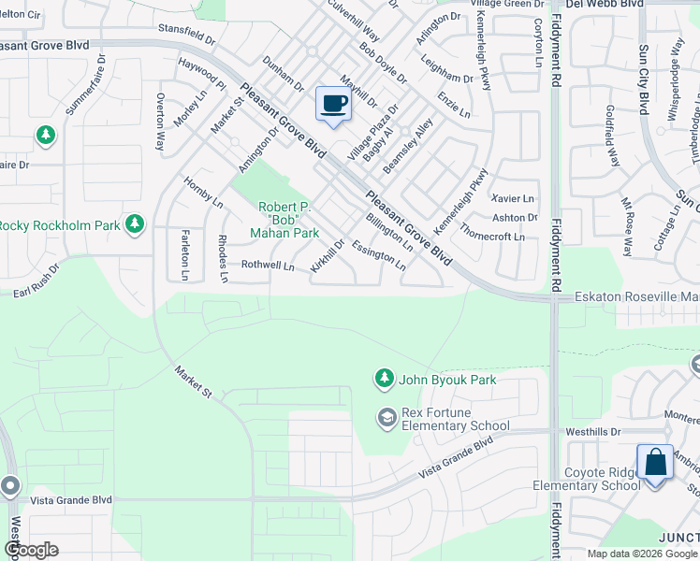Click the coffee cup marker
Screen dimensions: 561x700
(x=333, y=104)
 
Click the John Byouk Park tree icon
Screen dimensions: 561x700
(x=384, y=378)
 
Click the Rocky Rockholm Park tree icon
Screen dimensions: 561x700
(x=136, y=223)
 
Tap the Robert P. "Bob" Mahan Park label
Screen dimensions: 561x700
(x=288, y=220)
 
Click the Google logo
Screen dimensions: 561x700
(x=30, y=550)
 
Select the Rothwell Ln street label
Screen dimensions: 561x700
(x=269, y=266)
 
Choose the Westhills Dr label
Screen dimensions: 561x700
(x=593, y=432)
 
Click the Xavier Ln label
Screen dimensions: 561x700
(x=513, y=198)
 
